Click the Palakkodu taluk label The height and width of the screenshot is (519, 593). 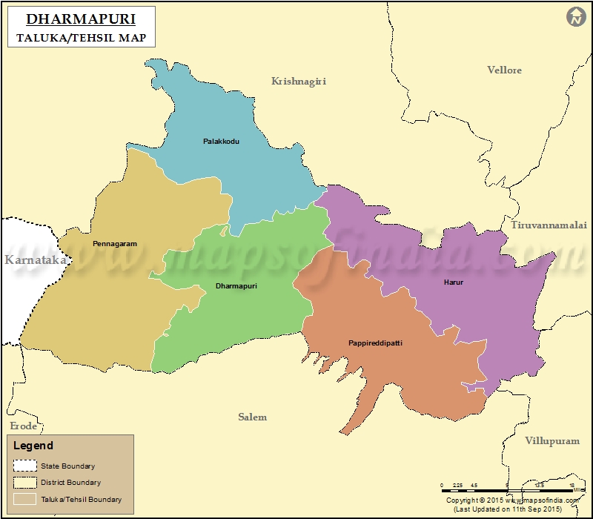tap(221, 141)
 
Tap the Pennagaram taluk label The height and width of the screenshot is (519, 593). tap(114, 243)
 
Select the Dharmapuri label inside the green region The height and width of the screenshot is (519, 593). tap(236, 285)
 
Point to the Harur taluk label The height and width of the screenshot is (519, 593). tap(453, 282)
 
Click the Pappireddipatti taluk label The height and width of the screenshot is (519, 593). tap(375, 343)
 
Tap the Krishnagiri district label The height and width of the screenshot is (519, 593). tap(298, 81)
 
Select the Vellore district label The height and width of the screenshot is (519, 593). tap(504, 70)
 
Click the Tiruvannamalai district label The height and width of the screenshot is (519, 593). tap(548, 224)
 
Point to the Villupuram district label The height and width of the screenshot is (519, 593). tap(551, 440)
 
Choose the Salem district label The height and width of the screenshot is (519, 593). tap(252, 417)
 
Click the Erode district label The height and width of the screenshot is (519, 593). tap(23, 426)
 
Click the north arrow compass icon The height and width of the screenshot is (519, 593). tap(575, 17)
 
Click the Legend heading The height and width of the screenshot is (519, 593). tap(33, 446)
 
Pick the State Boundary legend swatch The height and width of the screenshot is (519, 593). tap(24, 466)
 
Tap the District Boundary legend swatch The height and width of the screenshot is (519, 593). tap(24, 483)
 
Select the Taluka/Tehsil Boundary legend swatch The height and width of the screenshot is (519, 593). tap(24, 499)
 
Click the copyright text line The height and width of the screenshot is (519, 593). tap(511, 500)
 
